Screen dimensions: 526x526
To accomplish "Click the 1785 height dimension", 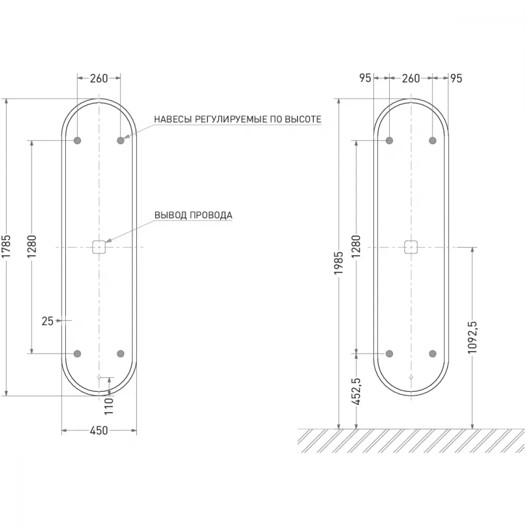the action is point(7,247).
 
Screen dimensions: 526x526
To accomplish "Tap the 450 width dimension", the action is point(99,430).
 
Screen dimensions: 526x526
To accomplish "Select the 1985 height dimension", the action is point(339,263).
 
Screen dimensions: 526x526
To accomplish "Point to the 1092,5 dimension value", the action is point(472,338).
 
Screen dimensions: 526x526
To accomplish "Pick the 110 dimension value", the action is point(109,406).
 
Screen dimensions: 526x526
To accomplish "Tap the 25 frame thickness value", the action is point(48,321).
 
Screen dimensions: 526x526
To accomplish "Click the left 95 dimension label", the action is point(366,78).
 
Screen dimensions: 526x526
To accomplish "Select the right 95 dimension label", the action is point(456,78).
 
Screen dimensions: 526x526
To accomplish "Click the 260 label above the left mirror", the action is point(99,78).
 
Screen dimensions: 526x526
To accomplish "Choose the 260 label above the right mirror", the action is point(411,78).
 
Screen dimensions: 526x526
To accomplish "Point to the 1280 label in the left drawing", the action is point(32,247).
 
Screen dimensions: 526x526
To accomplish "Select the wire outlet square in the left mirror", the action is point(99,247).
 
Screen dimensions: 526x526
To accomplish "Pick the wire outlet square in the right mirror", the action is point(411,247).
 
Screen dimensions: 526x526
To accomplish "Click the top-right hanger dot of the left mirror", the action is point(121,140).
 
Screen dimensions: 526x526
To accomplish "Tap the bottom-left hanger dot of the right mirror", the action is point(389,353).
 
